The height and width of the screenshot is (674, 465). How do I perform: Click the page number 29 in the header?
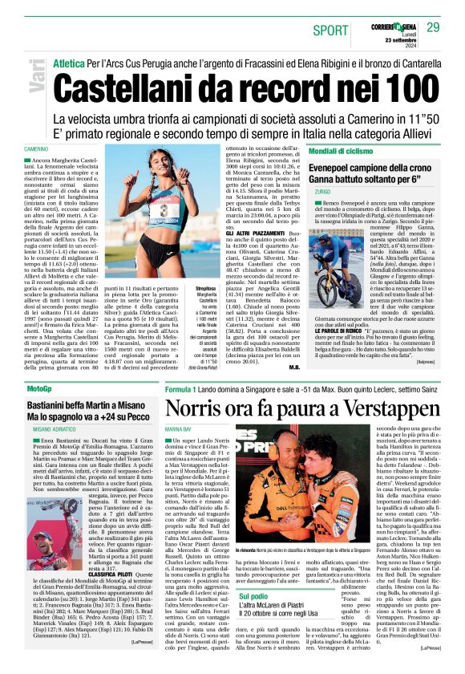pyautogui.click(x=432, y=27)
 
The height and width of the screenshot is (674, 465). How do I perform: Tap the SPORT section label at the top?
pyautogui.click(x=332, y=30)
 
